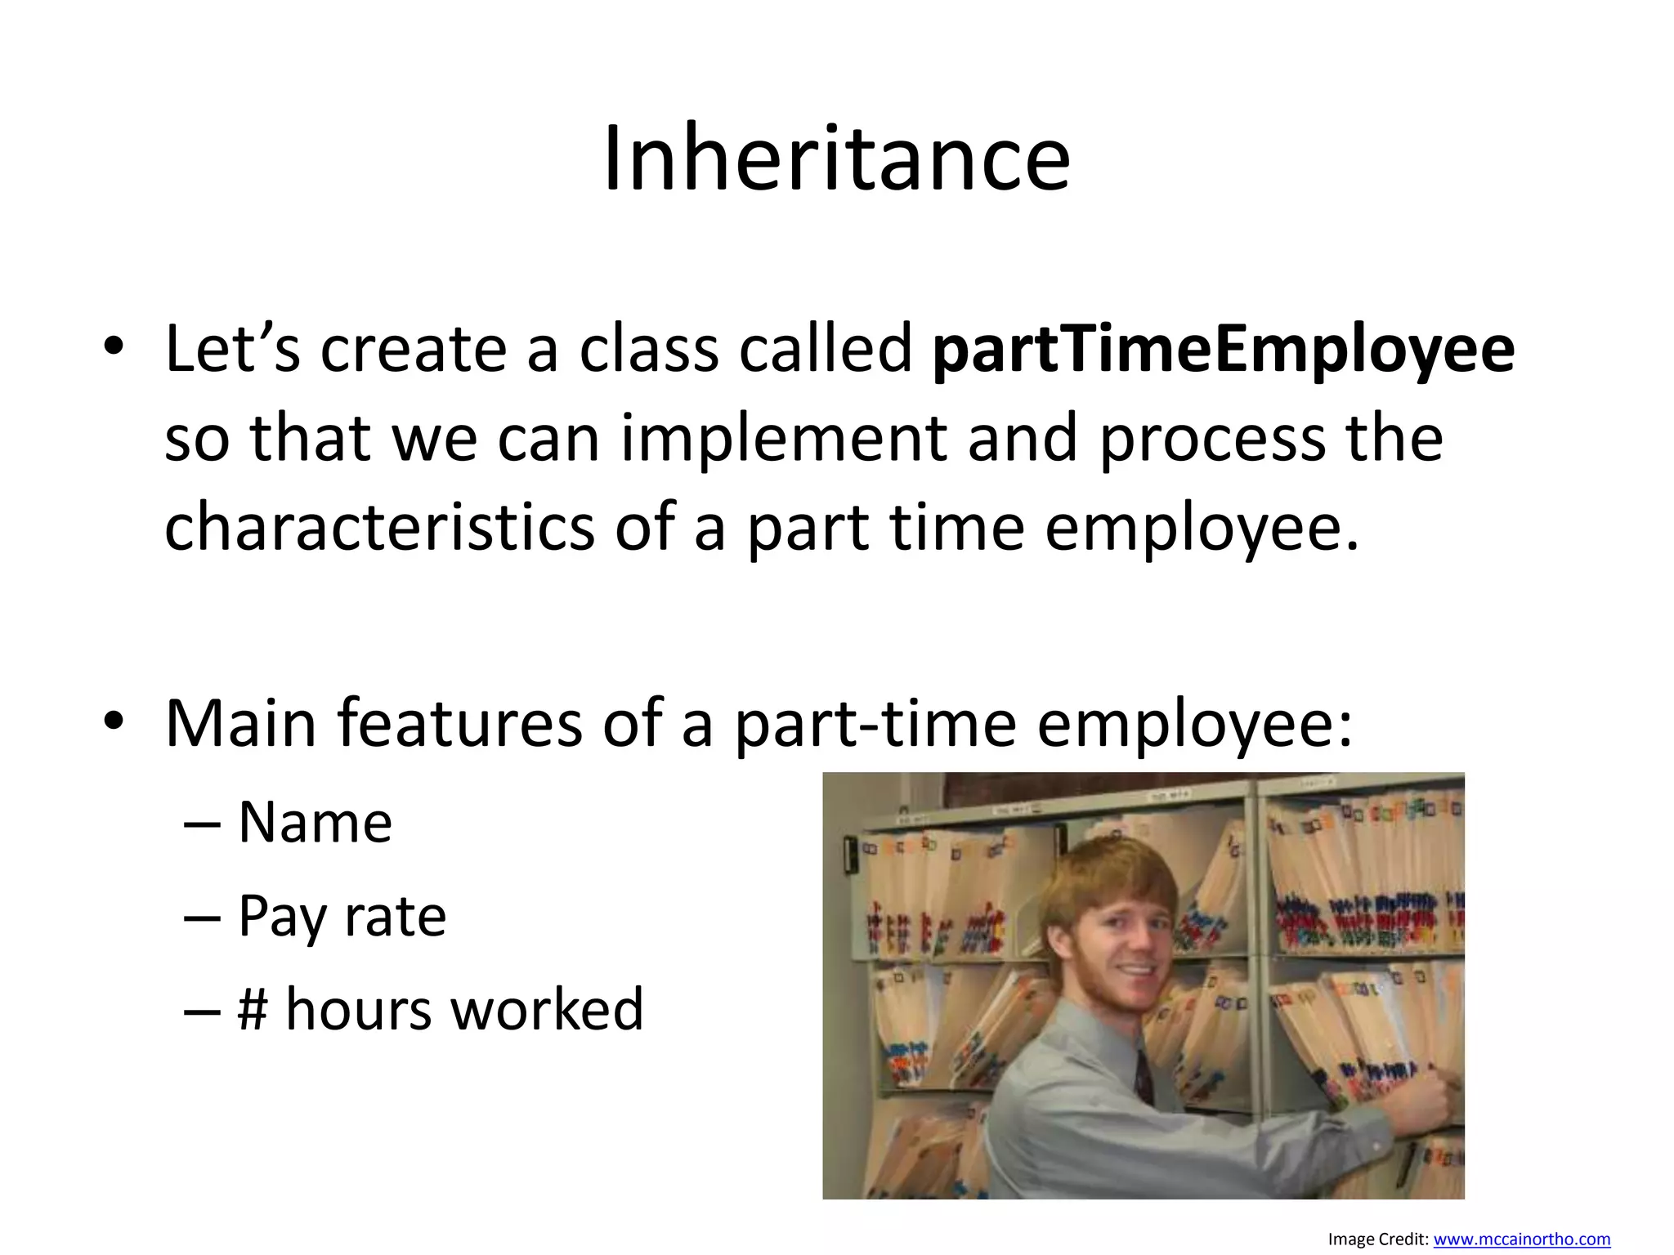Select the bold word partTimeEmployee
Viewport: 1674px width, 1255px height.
coord(1224,350)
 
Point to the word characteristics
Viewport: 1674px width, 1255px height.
coord(379,527)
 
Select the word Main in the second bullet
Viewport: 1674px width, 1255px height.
coord(240,723)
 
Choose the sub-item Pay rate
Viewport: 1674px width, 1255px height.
coord(342,917)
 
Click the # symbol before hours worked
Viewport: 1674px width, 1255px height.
coord(253,1010)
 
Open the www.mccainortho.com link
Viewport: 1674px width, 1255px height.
coord(1521,1239)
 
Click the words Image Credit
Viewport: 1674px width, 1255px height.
coord(1378,1239)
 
